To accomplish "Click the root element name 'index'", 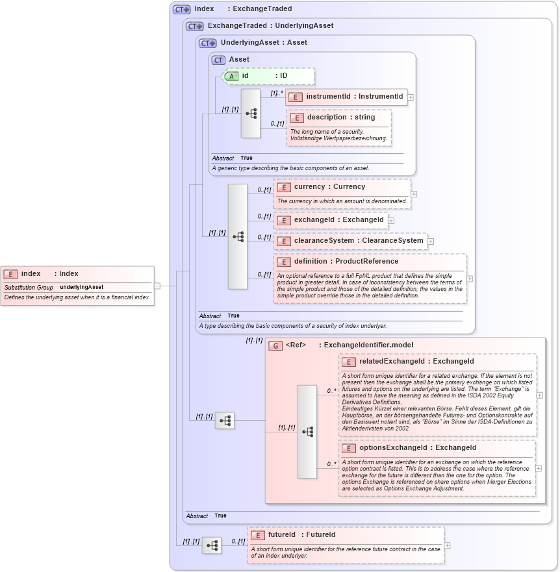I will [31, 274].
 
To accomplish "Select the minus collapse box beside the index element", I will [157, 285].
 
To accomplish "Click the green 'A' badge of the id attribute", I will [231, 76].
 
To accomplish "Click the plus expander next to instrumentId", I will [411, 97].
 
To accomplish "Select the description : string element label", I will [341, 118].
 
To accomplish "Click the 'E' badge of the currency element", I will [283, 187].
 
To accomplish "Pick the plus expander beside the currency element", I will [414, 193].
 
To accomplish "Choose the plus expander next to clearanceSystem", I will [431, 241].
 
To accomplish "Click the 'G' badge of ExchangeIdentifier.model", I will [275, 345].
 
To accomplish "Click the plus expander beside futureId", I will [447, 545].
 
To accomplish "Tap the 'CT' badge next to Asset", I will [218, 60].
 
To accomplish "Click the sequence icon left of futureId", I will [212, 545].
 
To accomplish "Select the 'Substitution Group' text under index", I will [29, 287].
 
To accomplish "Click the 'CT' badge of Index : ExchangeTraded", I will [181, 9].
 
